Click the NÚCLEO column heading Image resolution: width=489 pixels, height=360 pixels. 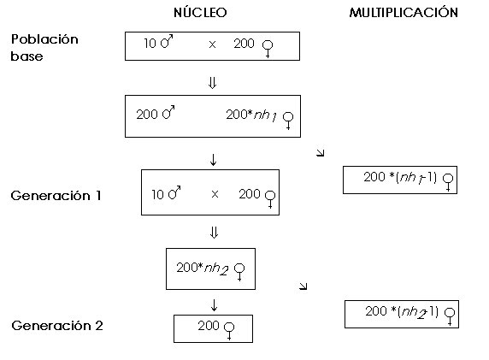[200, 12]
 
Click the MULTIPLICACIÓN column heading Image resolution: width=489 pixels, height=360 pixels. [404, 12]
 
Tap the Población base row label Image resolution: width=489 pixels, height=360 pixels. [44, 47]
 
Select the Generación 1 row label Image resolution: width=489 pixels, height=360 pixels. [56, 196]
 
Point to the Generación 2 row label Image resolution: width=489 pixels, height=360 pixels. [57, 326]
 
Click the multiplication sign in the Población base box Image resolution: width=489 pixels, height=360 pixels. [212, 44]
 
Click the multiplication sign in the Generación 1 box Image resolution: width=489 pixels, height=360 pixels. [215, 194]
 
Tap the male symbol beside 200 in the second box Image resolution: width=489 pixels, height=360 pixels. [168, 112]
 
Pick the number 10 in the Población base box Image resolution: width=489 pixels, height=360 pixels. [150, 44]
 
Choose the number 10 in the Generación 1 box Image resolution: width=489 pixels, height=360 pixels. [157, 195]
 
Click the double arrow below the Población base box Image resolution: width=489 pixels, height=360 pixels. [212, 83]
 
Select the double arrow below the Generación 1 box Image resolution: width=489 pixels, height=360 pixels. [214, 233]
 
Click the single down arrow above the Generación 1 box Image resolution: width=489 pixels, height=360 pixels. [214, 159]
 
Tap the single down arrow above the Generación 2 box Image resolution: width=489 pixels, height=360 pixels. [214, 305]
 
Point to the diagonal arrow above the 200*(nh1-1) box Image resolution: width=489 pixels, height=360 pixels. [321, 152]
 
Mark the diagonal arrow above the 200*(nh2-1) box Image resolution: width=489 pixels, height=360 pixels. [303, 286]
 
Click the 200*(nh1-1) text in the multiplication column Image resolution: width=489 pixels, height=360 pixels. [400, 178]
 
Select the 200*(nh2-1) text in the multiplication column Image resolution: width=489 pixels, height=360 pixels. [402, 311]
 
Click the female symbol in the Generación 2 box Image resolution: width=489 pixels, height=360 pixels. [229, 331]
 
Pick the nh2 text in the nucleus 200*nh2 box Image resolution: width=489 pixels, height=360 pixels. [216, 269]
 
